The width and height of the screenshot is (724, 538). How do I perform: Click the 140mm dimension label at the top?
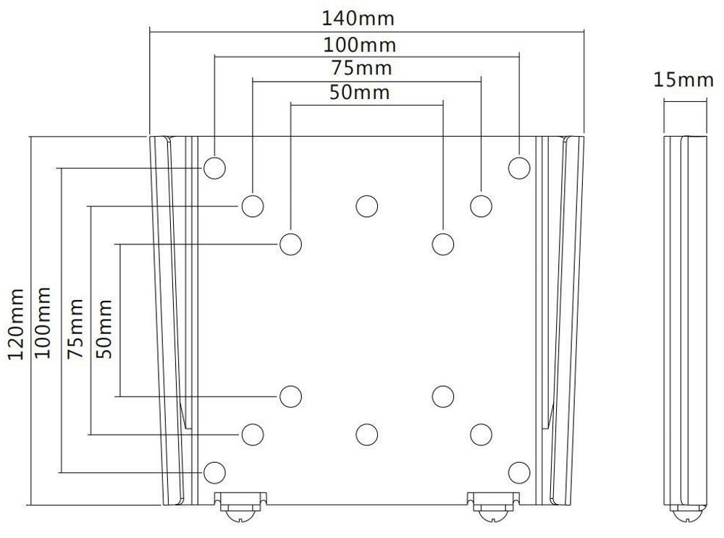point(366,17)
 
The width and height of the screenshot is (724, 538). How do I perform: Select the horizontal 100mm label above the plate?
point(360,45)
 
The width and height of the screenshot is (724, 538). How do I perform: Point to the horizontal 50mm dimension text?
point(360,93)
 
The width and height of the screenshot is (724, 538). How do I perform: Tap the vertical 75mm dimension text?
point(75,328)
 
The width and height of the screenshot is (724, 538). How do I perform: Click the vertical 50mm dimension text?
point(104,330)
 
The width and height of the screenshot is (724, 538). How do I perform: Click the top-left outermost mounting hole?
point(214,168)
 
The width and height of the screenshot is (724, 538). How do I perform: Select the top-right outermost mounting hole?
point(519,168)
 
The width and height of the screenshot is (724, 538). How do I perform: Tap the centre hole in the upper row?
point(366,206)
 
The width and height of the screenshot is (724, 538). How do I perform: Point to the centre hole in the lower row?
point(366,434)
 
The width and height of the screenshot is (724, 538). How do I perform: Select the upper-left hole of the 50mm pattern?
point(290,244)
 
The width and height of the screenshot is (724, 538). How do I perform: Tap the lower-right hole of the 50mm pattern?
point(442,396)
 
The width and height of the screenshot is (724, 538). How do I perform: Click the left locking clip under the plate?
point(240,505)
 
